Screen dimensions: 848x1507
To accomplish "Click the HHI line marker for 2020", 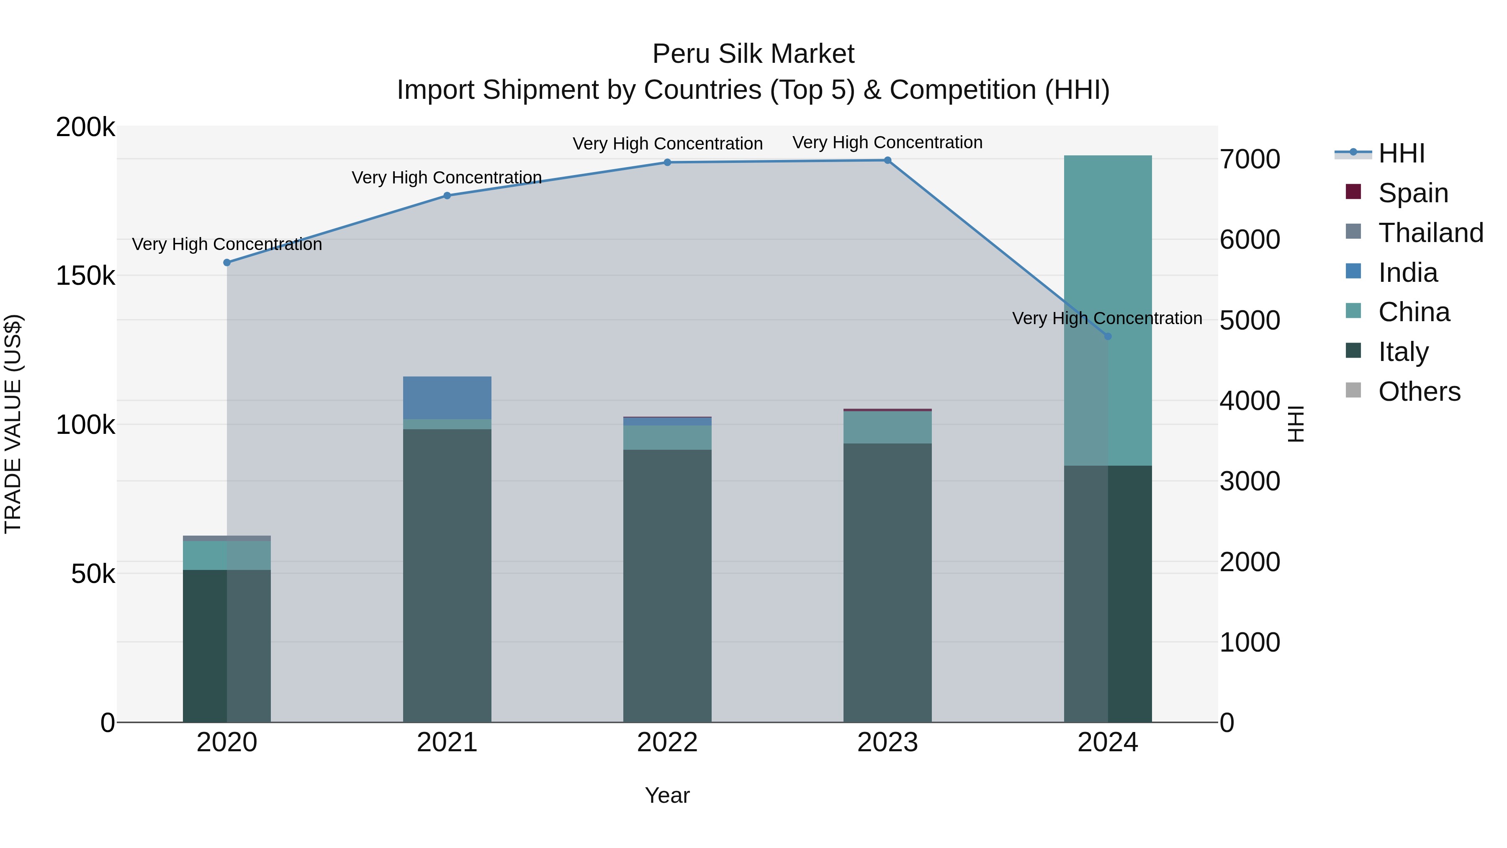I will [x=227, y=263].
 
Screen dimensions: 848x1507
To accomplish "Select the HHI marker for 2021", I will [x=447, y=196].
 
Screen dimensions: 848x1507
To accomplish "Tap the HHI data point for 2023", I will [x=887, y=160].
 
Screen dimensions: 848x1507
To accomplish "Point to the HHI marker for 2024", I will [x=1107, y=337].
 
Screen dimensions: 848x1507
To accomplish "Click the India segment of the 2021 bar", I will [x=447, y=398].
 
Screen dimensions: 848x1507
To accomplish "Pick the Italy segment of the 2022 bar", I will [x=667, y=585].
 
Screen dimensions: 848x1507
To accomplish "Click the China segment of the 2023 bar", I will [x=887, y=427].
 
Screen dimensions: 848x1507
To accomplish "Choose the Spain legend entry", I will [x=1413, y=193].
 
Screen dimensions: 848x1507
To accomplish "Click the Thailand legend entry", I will [x=1430, y=233].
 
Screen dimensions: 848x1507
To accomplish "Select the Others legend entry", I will [x=1419, y=392].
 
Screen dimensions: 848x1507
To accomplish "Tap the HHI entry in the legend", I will [x=1401, y=153].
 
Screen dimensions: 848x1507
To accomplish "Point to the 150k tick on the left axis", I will [x=85, y=276].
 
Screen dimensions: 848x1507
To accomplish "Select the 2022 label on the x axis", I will [x=667, y=742].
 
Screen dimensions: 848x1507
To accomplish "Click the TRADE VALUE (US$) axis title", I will [x=13, y=424].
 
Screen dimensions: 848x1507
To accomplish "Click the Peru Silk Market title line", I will [x=753, y=54].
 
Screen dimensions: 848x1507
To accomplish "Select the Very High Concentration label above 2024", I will [x=1107, y=318].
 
